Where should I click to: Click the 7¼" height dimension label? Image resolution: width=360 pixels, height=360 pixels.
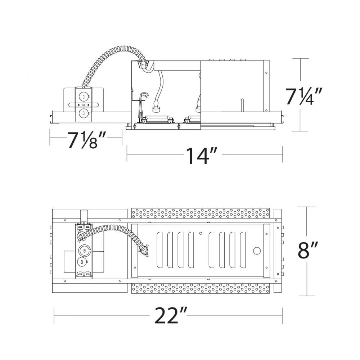tap(302, 95)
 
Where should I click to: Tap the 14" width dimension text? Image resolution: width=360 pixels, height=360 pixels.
tap(197, 156)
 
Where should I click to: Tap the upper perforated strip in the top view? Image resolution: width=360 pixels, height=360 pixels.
tap(201, 213)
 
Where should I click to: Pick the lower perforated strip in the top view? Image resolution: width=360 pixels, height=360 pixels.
tap(201, 288)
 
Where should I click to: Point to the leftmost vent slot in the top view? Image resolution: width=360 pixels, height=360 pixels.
tap(160, 251)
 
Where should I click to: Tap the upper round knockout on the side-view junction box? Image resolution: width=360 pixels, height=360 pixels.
tap(83, 96)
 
